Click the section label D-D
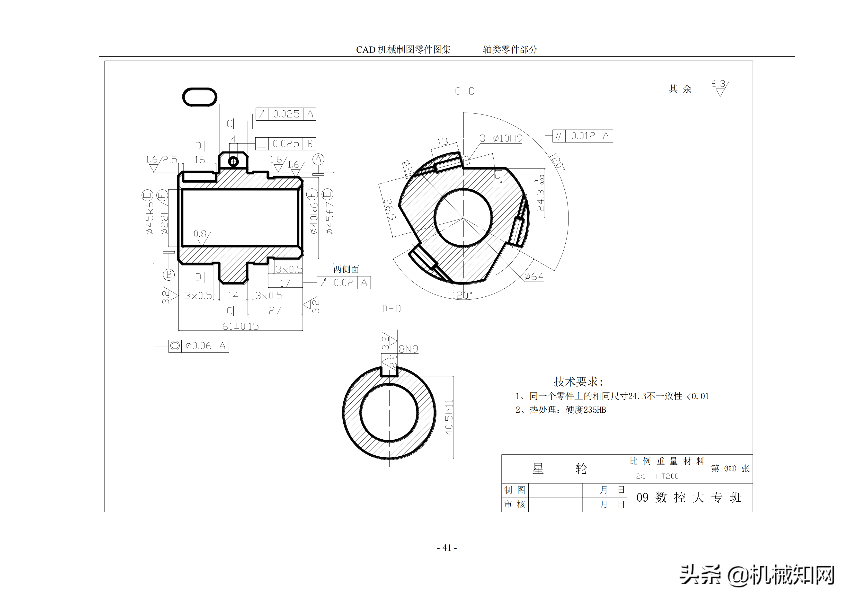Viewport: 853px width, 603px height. [x=391, y=309]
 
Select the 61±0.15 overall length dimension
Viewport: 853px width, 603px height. [x=240, y=326]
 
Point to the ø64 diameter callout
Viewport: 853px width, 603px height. [x=534, y=276]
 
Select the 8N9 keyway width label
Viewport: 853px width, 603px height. [x=408, y=349]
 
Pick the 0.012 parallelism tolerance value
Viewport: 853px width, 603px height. [x=583, y=136]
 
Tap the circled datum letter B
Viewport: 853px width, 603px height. [x=169, y=275]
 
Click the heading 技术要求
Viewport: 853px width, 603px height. [x=578, y=381]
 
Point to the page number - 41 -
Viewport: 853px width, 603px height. [x=447, y=548]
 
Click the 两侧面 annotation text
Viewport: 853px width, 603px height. [x=346, y=269]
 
